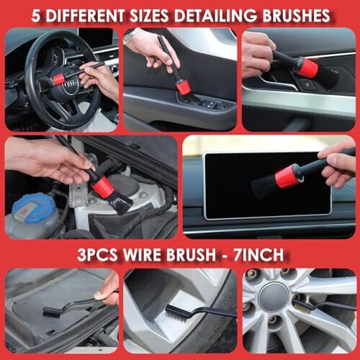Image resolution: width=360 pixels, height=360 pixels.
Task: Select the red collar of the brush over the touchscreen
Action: point(288,175)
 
